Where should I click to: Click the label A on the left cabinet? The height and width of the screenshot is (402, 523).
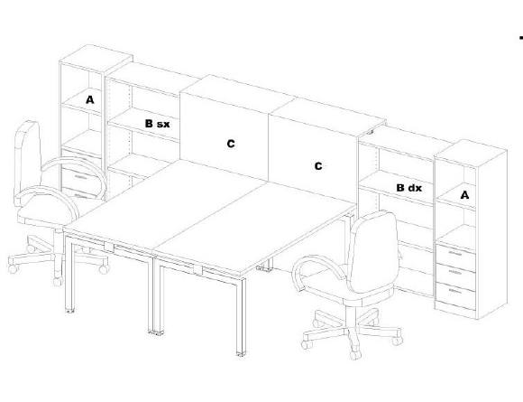pos(90,99)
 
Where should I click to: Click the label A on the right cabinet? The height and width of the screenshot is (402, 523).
pos(464,195)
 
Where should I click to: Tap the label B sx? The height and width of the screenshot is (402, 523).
pos(157,124)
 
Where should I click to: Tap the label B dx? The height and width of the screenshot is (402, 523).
pos(408,188)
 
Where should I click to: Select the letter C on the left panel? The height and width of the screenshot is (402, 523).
pos(231,144)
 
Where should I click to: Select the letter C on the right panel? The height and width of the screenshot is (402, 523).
pos(318,165)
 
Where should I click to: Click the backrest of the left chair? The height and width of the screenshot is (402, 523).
pos(27,161)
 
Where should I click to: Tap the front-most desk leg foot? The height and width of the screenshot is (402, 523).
pos(241,353)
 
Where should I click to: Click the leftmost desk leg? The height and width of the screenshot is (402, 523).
pos(69,274)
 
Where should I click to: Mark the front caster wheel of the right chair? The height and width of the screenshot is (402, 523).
pos(355,354)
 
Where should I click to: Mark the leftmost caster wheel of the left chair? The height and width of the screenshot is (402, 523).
pos(13,268)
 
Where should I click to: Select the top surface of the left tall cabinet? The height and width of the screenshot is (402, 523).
pos(96,58)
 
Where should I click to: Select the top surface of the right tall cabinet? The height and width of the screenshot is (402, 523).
pos(472,149)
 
